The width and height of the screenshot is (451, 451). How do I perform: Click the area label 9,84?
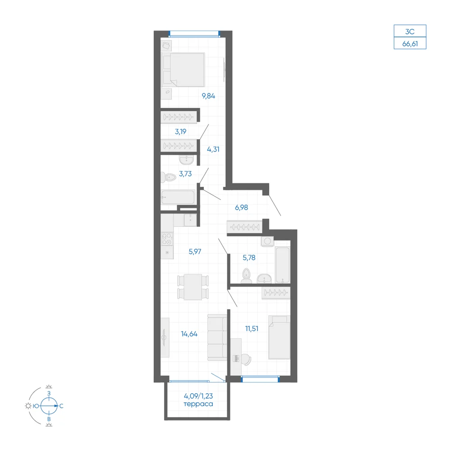tap(208, 96)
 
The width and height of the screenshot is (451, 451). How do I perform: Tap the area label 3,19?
tap(181, 132)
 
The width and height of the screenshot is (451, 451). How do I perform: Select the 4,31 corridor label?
tap(213, 149)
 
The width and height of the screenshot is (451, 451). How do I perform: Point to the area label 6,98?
tap(241, 207)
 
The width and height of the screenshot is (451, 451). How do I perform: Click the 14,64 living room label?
tap(189, 334)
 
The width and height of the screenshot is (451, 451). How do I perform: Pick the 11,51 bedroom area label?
tap(252, 328)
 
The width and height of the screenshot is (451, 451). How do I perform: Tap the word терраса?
tap(198, 404)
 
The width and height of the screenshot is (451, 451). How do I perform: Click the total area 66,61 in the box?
tap(410, 44)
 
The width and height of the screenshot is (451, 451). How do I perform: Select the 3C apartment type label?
tap(410, 32)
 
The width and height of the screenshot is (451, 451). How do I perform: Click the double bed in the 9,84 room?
tap(183, 69)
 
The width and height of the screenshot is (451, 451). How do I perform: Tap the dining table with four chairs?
tap(193, 287)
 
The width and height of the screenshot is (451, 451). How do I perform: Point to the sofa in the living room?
tap(217, 337)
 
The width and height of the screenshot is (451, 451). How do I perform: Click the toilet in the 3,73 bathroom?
tap(168, 177)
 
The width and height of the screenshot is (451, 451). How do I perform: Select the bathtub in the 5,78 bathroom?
tap(282, 265)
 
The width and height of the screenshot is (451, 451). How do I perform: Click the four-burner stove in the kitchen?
tap(167, 239)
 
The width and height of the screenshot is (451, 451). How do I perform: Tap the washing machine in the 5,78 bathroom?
tap(267, 241)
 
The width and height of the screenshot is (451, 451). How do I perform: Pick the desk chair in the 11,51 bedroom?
tap(246, 359)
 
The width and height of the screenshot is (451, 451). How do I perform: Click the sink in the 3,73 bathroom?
tap(186, 160)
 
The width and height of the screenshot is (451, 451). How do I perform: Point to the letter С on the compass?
tap(61, 406)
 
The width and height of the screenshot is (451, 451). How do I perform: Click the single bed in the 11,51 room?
tap(279, 337)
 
